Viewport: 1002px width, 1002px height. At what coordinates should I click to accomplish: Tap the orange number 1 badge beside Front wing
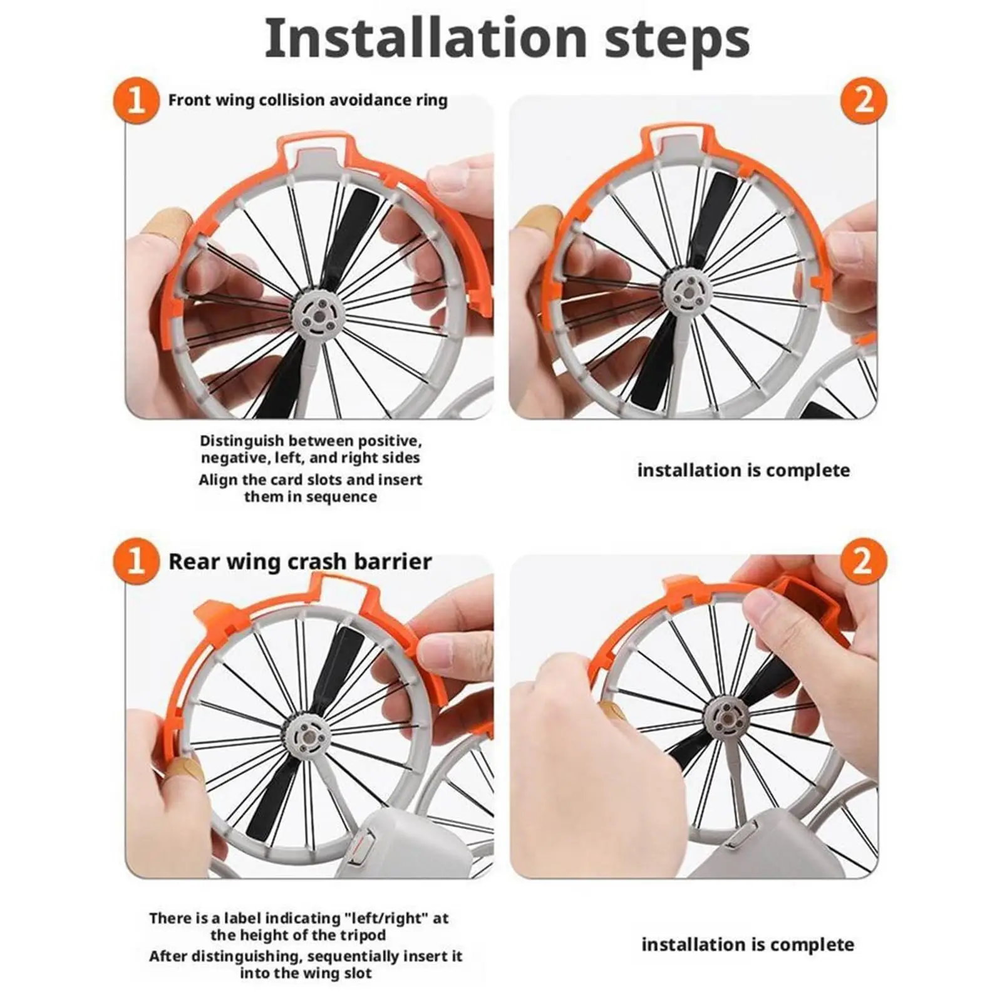click(x=137, y=101)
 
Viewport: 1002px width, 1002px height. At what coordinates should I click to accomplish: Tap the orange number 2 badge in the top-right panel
click(x=864, y=99)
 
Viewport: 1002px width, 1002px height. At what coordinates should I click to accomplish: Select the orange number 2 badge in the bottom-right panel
click(x=864, y=559)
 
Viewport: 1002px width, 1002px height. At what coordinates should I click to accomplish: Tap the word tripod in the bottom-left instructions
click(x=364, y=936)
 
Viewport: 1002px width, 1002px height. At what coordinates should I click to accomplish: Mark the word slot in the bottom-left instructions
click(x=357, y=974)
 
